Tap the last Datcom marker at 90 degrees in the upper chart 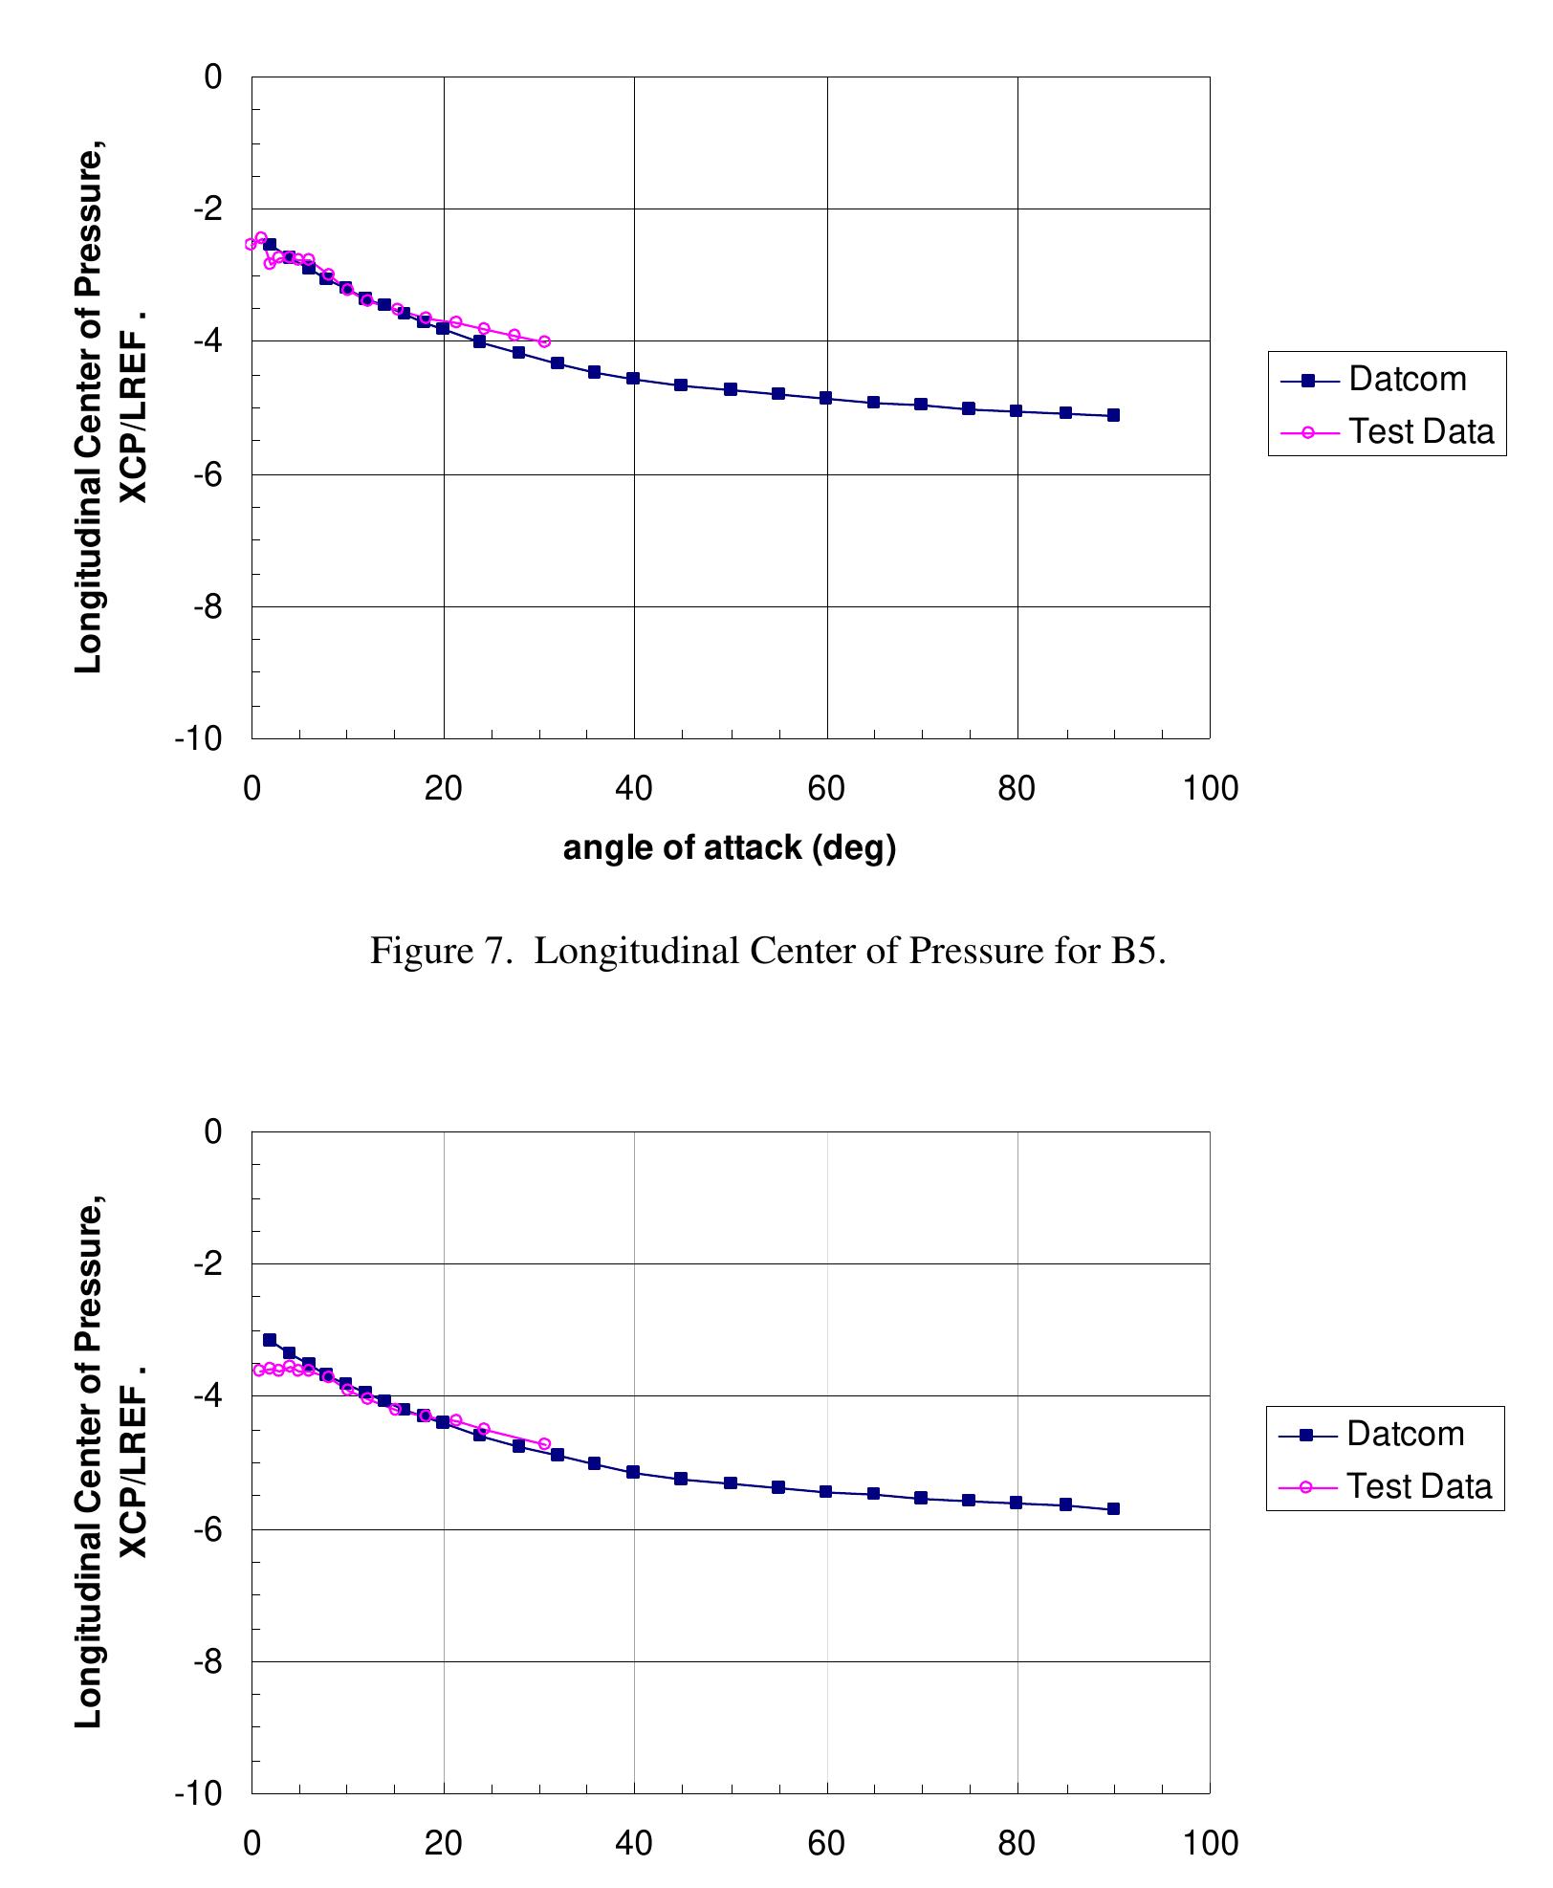tap(1113, 415)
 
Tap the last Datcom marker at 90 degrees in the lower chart tap(1113, 1509)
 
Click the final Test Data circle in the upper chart tap(544, 341)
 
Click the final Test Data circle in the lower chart tap(544, 1443)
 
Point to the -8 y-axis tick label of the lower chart tap(208, 1661)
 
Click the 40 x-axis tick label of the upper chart tap(634, 788)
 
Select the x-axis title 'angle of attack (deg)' tap(729, 847)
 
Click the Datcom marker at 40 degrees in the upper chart tap(633, 379)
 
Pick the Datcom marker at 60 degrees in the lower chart tap(825, 1491)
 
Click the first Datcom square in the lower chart tap(270, 1340)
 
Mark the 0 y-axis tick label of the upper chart tap(213, 77)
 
